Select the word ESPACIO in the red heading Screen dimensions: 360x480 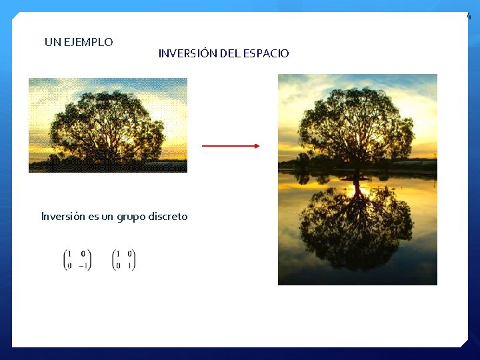[267, 53]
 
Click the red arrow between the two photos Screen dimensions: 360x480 [231, 146]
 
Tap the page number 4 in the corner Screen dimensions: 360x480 [469, 16]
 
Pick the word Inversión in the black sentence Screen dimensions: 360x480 [63, 217]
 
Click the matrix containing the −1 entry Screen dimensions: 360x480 [77, 259]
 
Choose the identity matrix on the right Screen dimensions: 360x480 [124, 259]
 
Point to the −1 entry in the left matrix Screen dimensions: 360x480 [83, 265]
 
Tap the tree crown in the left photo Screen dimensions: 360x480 [107, 123]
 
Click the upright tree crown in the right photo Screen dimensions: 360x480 [356, 123]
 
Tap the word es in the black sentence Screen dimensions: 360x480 [92, 217]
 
